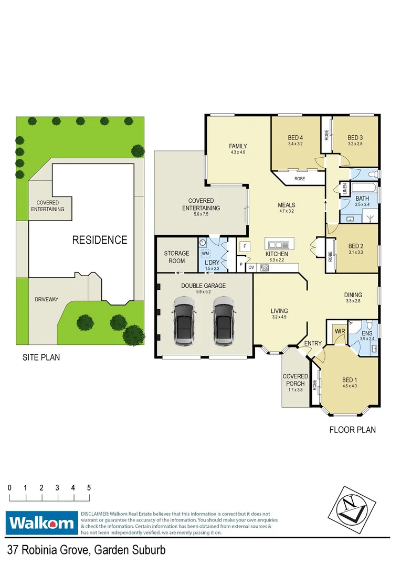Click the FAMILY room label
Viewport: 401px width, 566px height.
[238, 146]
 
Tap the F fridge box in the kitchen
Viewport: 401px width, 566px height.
[245, 246]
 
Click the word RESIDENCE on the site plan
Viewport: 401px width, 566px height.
[100, 240]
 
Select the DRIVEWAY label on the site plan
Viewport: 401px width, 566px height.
[47, 299]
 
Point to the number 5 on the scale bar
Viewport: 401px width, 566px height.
[89, 487]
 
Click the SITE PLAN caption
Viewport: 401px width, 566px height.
[41, 358]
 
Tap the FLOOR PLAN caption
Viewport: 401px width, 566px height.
[352, 430]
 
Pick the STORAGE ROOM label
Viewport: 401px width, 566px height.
[176, 257]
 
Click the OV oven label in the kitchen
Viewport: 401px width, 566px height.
[251, 267]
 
